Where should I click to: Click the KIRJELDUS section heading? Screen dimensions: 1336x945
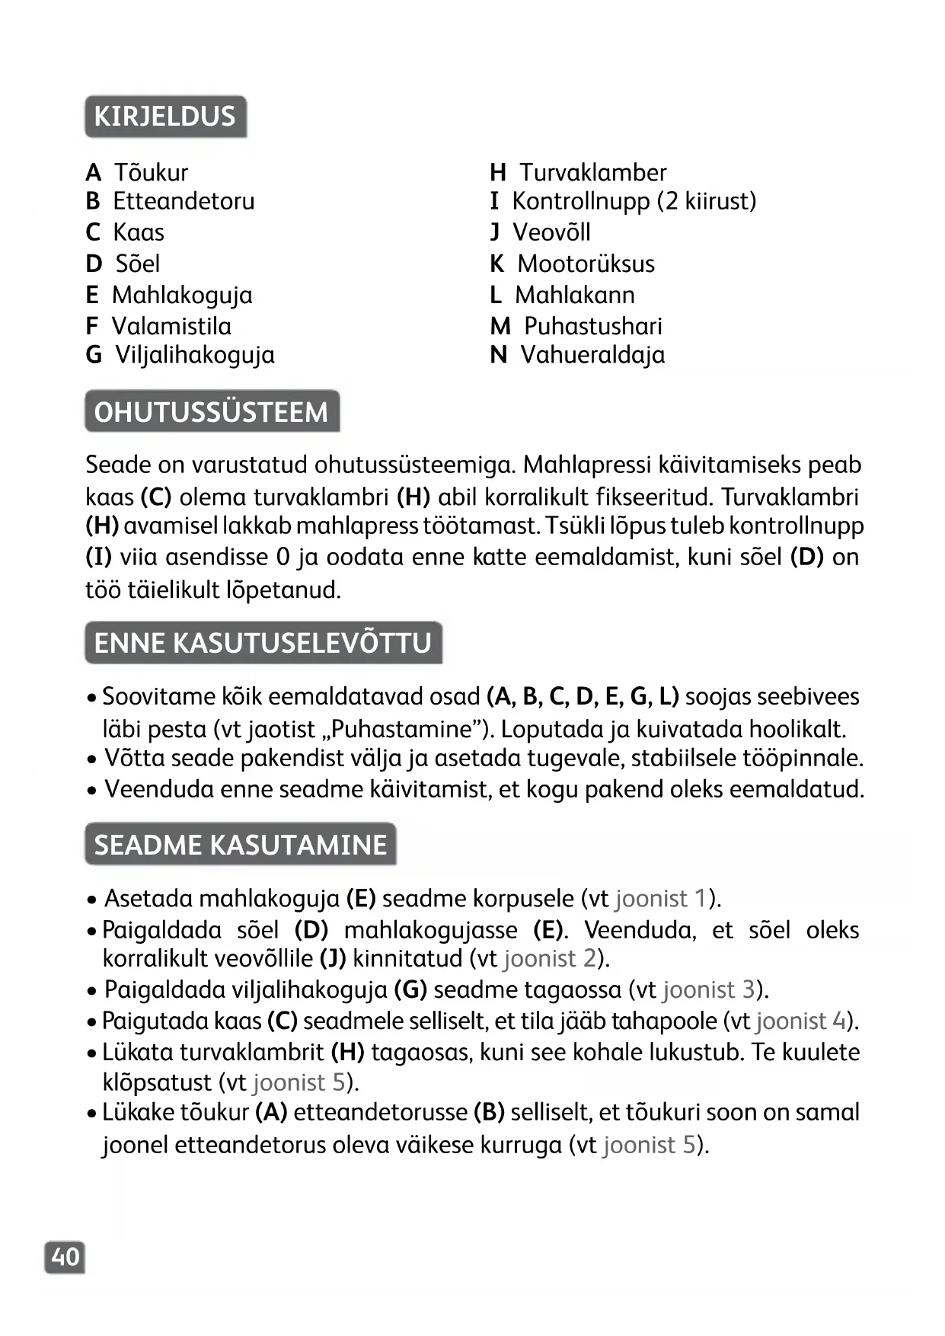point(165,117)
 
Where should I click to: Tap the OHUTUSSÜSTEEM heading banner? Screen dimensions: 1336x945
point(211,411)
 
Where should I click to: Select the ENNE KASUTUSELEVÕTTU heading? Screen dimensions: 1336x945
point(263,643)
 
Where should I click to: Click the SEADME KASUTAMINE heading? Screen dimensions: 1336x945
point(240,845)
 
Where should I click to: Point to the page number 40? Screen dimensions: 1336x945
point(65,1257)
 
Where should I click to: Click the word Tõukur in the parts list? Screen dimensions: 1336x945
point(151,173)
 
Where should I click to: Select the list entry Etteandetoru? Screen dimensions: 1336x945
point(184,201)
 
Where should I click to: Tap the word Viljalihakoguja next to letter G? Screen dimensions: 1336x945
point(195,355)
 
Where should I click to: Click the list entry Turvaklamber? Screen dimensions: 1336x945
point(593,173)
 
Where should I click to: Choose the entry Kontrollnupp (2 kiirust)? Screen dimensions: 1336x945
point(634,201)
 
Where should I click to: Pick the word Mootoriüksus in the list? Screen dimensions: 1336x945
point(586,264)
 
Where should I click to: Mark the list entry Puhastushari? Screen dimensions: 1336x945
point(593,326)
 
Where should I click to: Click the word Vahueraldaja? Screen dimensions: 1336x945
point(592,355)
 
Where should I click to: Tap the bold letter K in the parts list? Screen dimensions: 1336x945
point(496,264)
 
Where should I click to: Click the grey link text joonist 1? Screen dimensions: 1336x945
point(661,899)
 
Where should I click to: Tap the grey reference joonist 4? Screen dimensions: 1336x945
point(801,1021)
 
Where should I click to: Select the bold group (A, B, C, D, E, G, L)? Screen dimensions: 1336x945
point(583,697)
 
